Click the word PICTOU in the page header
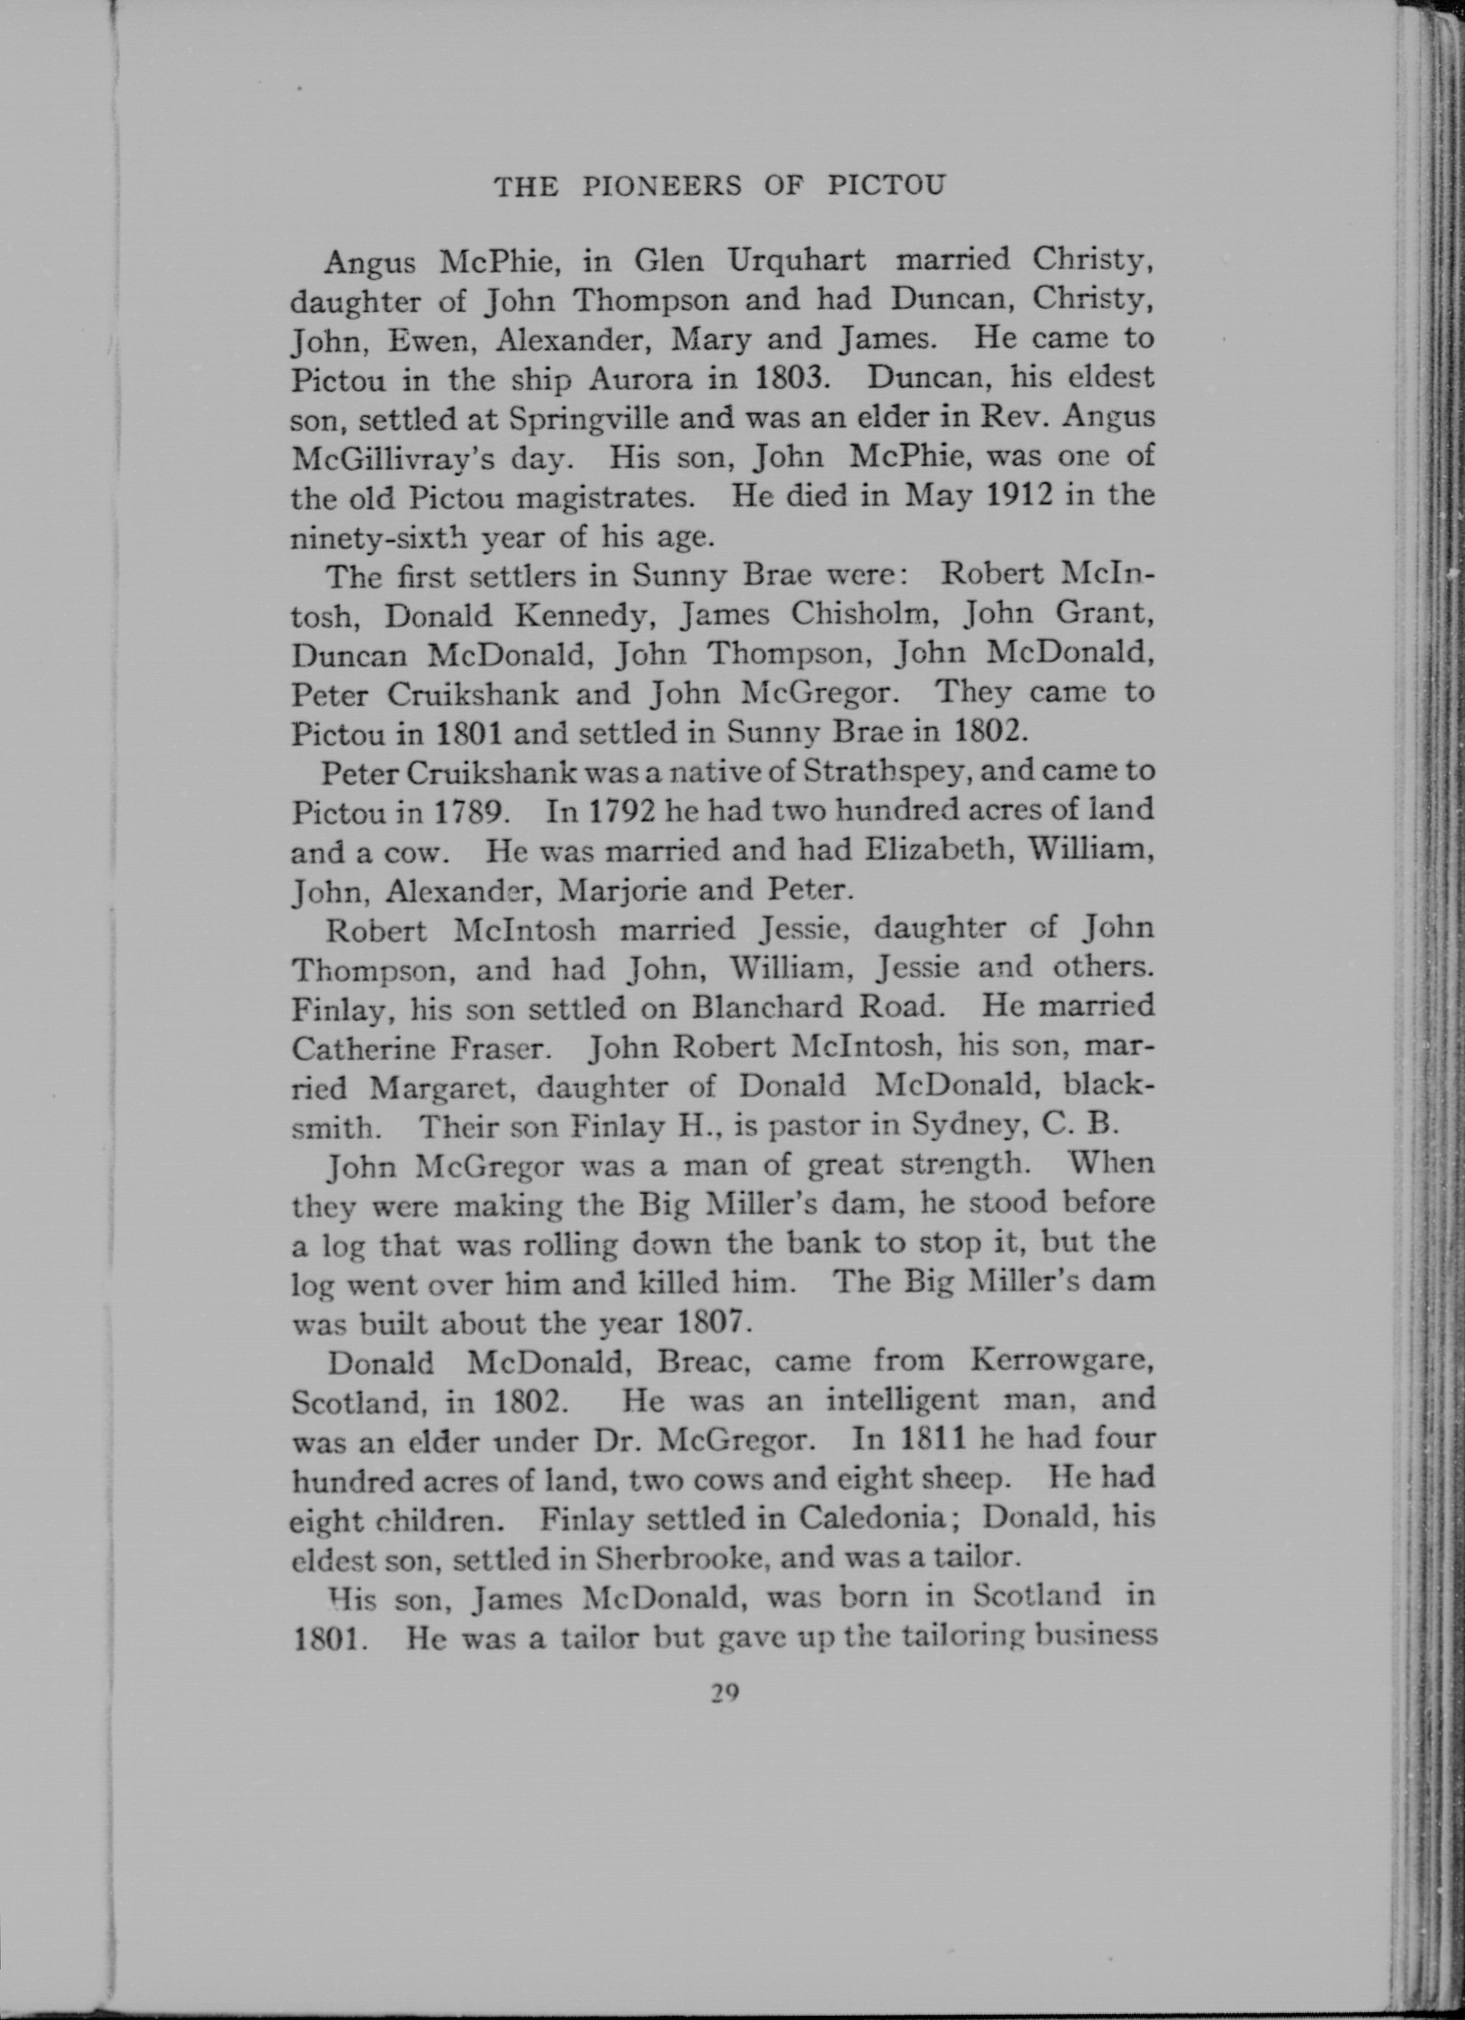886,185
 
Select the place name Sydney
953,1127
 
